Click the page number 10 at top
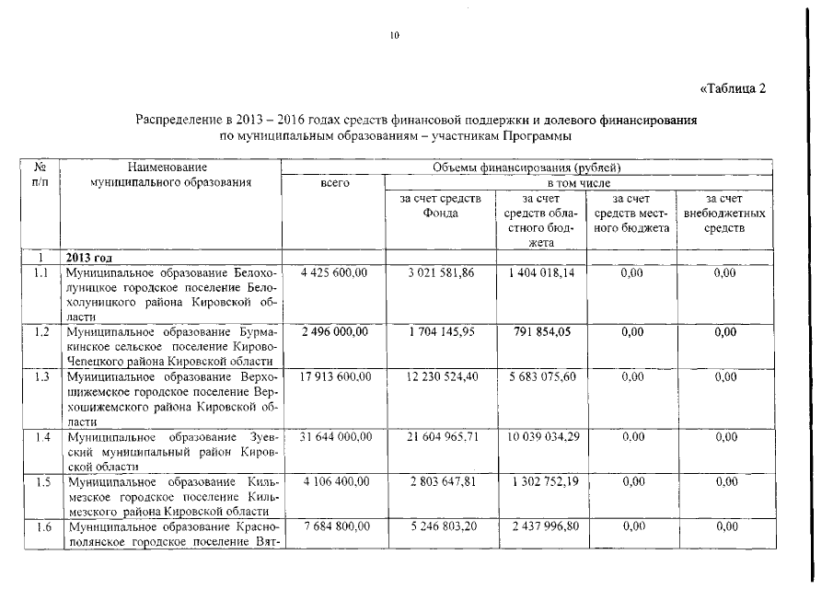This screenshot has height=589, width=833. coord(395,36)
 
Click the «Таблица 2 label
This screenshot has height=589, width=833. coord(734,88)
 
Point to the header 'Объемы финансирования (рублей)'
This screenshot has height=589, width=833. coord(526,167)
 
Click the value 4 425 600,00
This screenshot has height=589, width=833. coord(334,273)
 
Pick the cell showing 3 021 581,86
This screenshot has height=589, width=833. coord(440,273)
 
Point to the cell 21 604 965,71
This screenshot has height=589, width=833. coord(440,437)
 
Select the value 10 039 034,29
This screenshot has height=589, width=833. coord(541,437)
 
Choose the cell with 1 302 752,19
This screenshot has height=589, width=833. coord(541,481)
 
